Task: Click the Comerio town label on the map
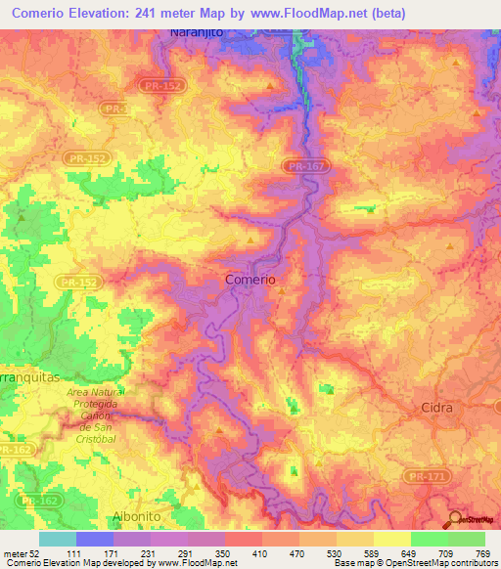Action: (250, 279)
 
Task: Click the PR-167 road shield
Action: (306, 167)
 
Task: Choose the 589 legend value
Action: (369, 553)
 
